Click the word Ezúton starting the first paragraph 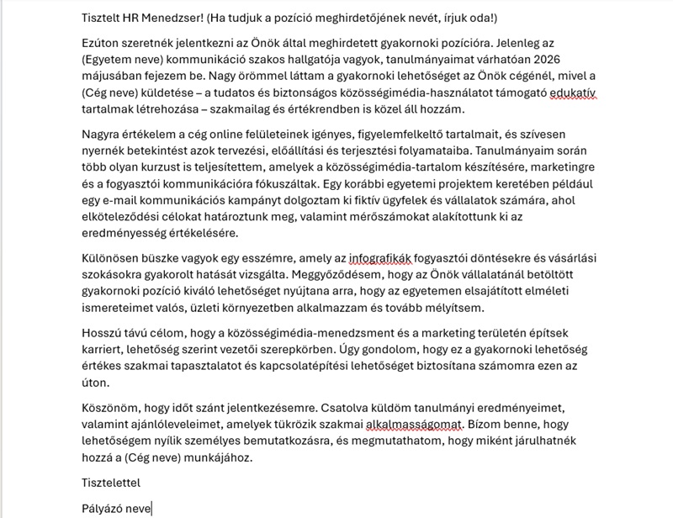[x=104, y=45]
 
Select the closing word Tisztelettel [x=111, y=482]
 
